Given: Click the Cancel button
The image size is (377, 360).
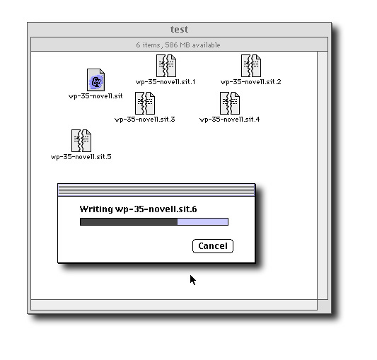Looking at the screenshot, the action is pyautogui.click(x=213, y=246).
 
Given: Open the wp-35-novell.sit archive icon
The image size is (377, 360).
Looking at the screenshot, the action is pyautogui.click(x=95, y=80).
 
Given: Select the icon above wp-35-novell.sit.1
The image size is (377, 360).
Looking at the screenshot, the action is pyautogui.click(x=166, y=66).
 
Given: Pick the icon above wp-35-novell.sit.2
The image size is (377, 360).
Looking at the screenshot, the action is pyautogui.click(x=251, y=66).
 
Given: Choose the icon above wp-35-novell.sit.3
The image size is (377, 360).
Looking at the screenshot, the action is pyautogui.click(x=145, y=103).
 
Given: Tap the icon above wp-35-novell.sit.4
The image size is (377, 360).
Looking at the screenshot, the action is pyautogui.click(x=230, y=103).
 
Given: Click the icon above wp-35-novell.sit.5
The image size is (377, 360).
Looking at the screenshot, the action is pyautogui.click(x=81, y=141).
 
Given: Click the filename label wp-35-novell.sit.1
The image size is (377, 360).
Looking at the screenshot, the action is pyautogui.click(x=166, y=82).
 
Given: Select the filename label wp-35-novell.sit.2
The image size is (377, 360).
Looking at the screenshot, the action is pyautogui.click(x=251, y=82).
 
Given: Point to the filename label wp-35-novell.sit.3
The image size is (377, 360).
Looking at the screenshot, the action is pyautogui.click(x=145, y=120).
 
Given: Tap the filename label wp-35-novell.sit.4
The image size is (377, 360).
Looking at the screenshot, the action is pyautogui.click(x=230, y=120).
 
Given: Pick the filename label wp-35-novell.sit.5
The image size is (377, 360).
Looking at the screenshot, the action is pyautogui.click(x=81, y=157).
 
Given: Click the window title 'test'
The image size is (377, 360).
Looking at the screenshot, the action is pyautogui.click(x=180, y=29).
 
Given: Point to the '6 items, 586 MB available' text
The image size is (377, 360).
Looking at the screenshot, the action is pyautogui.click(x=178, y=45).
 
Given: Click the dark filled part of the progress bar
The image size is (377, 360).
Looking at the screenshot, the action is pyautogui.click(x=129, y=221).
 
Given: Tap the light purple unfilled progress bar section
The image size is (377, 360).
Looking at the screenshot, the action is pyautogui.click(x=203, y=221).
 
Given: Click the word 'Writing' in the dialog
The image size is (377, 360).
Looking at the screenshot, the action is pyautogui.click(x=96, y=209).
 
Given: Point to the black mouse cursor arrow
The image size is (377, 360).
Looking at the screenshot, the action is pyautogui.click(x=193, y=280).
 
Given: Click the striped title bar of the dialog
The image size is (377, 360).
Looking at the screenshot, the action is pyautogui.click(x=156, y=190).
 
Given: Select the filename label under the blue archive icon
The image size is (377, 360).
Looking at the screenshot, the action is pyautogui.click(x=95, y=96).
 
